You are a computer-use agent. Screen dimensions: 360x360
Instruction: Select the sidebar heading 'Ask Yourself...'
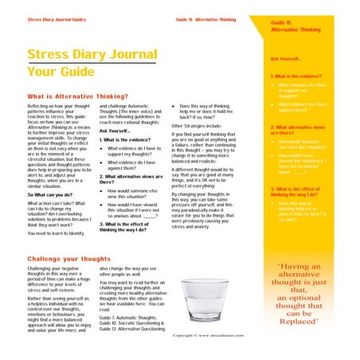pyautogui.click(x=286, y=59)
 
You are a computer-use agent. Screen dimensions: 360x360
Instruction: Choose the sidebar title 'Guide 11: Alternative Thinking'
pyautogui.click(x=295, y=26)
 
